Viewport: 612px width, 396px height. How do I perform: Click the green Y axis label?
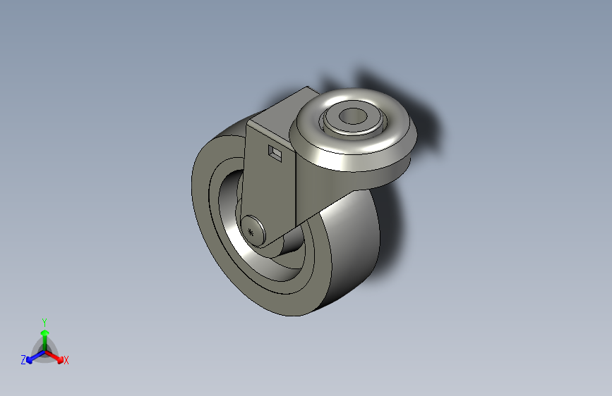(44, 321)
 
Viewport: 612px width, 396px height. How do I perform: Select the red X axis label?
(66, 360)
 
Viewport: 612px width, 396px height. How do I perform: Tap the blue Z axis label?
(23, 360)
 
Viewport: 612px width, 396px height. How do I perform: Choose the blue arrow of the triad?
(32, 357)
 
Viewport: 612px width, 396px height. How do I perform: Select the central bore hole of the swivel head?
(351, 117)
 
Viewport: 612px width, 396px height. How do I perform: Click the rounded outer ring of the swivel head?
(353, 156)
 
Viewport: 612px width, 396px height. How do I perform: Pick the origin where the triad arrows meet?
(44, 350)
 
